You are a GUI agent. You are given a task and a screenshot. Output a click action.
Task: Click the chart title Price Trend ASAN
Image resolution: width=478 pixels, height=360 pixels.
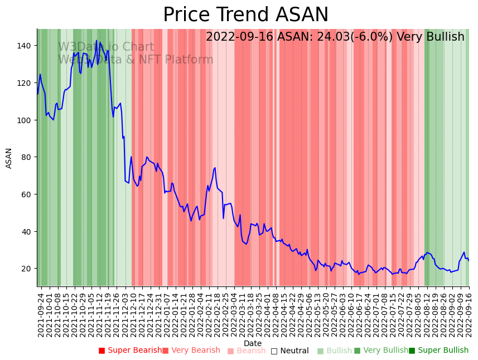click(x=245, y=15)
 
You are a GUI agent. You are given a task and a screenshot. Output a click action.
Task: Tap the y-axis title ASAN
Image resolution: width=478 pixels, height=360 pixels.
click(x=9, y=158)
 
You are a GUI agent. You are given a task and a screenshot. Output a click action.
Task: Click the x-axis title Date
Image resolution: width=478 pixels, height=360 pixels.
click(x=253, y=343)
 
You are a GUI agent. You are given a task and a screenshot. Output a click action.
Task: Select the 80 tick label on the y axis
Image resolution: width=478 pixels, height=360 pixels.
click(x=28, y=157)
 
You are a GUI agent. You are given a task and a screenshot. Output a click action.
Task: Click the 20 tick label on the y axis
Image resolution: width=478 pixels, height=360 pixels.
click(x=28, y=269)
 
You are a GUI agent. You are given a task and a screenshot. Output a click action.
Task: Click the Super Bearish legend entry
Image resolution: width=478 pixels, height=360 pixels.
click(x=130, y=351)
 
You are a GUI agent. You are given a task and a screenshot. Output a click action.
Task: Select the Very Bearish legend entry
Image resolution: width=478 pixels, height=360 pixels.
click(x=191, y=351)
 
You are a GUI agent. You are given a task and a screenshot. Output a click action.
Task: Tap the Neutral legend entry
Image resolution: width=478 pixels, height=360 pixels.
click(x=289, y=351)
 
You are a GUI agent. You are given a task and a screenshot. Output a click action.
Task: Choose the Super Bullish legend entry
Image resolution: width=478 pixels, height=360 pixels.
click(x=439, y=351)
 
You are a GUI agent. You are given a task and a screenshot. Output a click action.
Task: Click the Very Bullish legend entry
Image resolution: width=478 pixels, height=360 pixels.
click(x=382, y=351)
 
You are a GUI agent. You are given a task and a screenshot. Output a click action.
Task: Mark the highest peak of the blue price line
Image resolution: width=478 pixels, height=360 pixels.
click(x=96, y=40)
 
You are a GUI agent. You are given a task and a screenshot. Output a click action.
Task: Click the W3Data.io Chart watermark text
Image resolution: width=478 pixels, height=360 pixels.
click(x=106, y=47)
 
